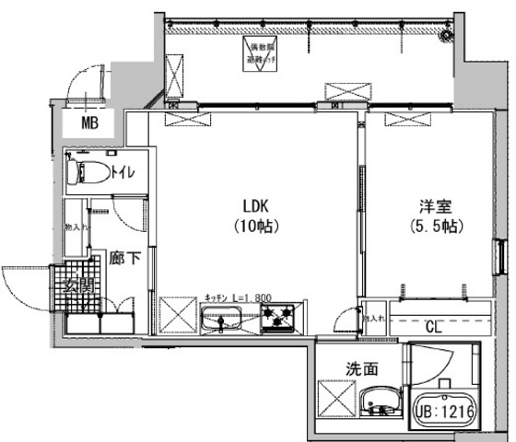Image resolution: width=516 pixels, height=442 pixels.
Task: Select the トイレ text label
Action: click(123, 171)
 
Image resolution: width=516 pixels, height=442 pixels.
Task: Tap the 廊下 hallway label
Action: click(126, 259)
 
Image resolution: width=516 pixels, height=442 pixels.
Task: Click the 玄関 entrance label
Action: click(79, 286)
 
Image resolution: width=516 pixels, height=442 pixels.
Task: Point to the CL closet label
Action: click(432, 324)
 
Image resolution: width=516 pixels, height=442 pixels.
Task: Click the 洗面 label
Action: click(361, 368)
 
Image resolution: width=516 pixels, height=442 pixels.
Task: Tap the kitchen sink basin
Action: click(221, 321)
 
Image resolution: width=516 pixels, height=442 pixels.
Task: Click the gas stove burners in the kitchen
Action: click(277, 320)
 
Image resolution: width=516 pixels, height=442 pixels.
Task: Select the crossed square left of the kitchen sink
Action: click(174, 313)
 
